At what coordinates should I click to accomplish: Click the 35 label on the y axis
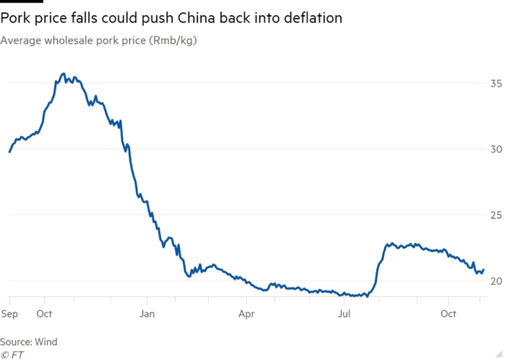[496, 83]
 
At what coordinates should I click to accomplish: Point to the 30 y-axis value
[496, 149]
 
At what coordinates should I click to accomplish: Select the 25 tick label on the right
[496, 215]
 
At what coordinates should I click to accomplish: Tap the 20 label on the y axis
[496, 280]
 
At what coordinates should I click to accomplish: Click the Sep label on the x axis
[9, 313]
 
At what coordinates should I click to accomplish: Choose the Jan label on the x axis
[147, 313]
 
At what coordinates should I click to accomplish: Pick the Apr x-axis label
[246, 313]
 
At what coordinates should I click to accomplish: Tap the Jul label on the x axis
[344, 313]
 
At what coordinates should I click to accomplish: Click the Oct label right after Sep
[45, 313]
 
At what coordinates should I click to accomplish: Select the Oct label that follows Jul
[448, 313]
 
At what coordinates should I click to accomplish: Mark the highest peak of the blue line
[63, 74]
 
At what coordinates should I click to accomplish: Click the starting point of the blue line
[9, 151]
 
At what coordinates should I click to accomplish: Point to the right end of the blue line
[484, 269]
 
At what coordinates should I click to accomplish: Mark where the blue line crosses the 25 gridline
[151, 215]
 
